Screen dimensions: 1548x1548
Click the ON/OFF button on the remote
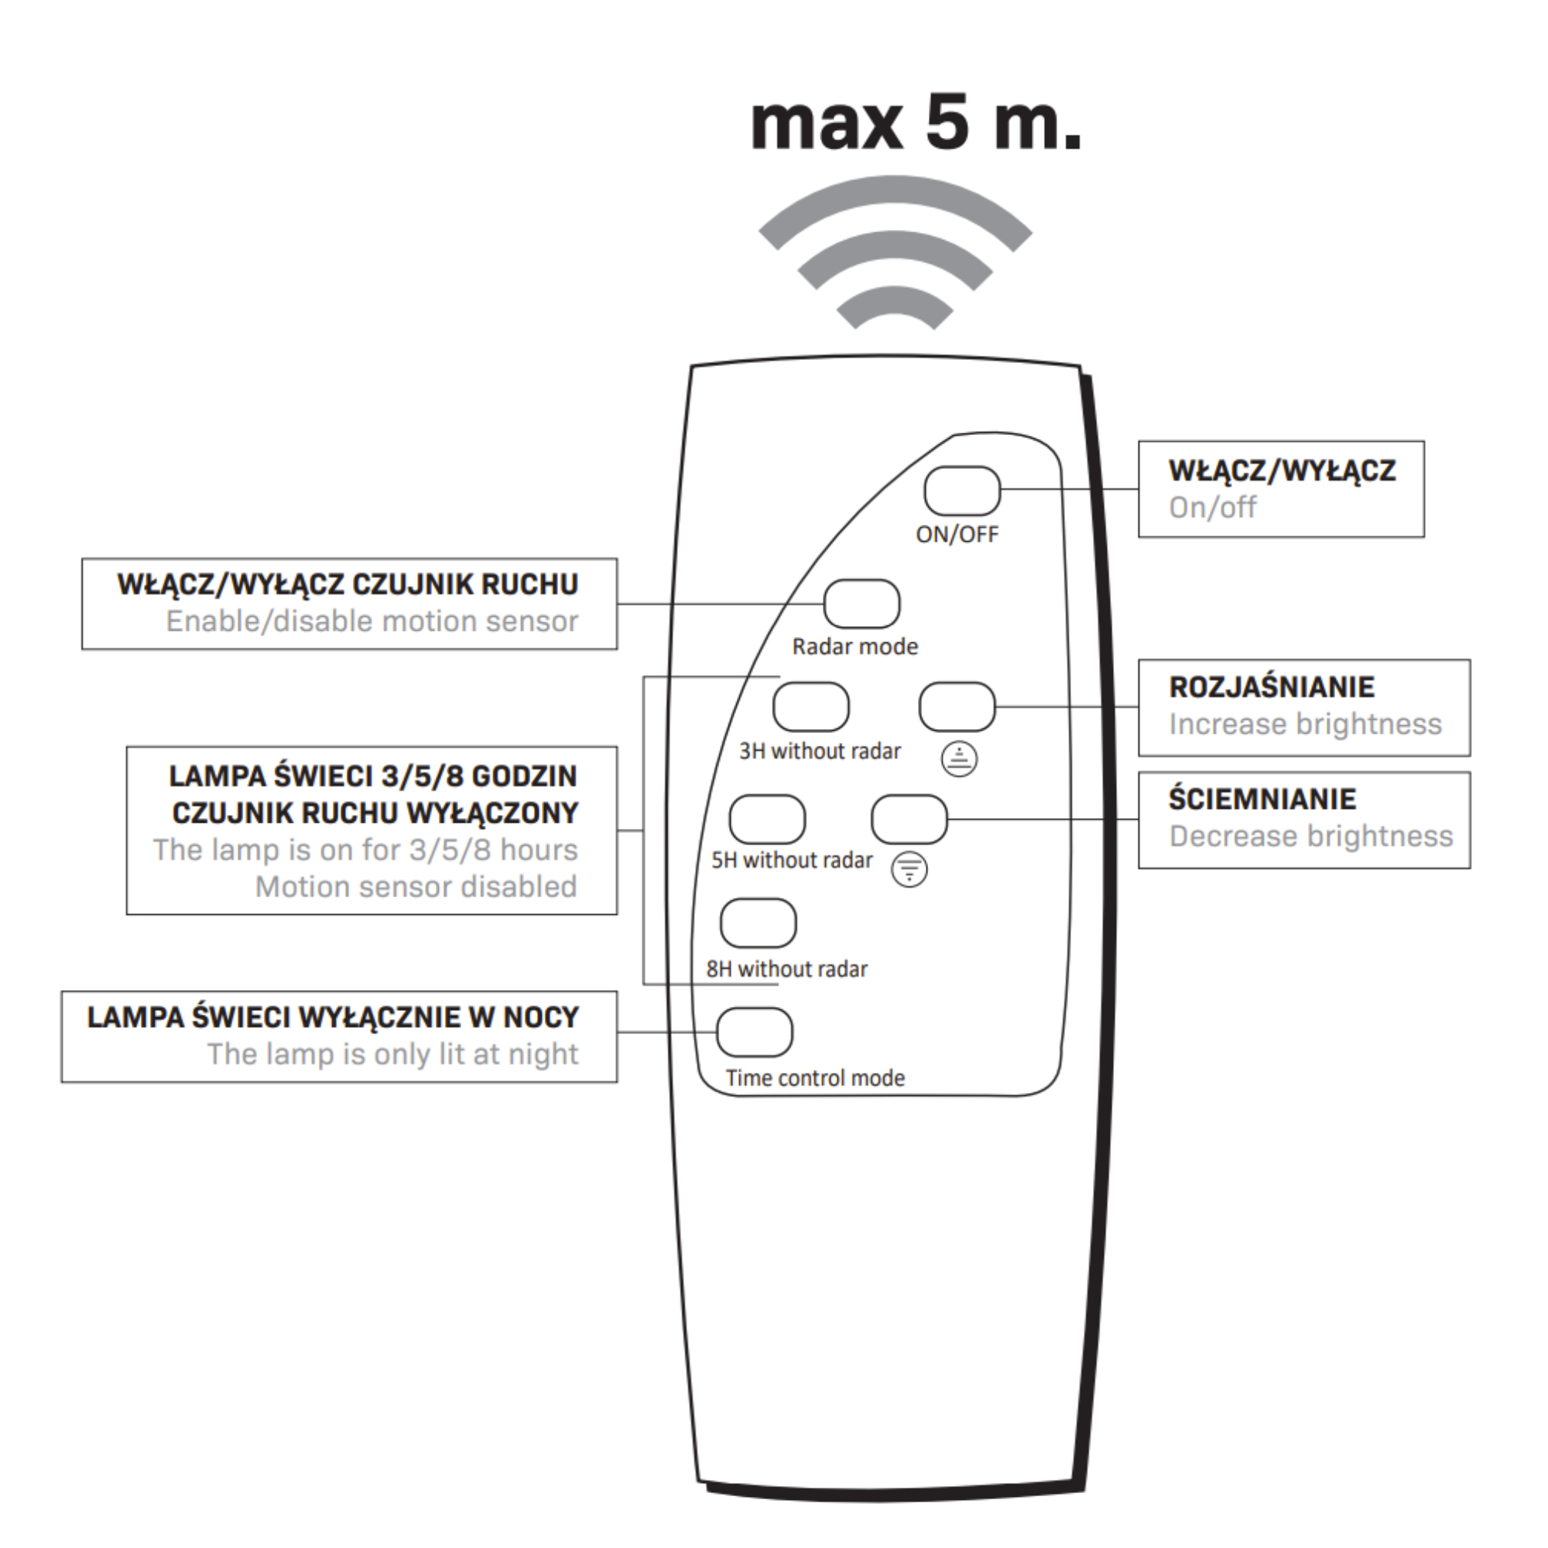[x=961, y=491]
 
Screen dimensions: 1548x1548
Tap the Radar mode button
[x=861, y=604]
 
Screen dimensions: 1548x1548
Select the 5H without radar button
[x=767, y=819]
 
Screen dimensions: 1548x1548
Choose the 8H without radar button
[x=758, y=923]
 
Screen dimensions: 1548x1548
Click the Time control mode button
[x=754, y=1033]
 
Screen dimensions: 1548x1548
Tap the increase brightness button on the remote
[x=957, y=707]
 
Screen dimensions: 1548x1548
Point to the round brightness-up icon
[x=959, y=759]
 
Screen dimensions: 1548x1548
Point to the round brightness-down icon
[x=909, y=868]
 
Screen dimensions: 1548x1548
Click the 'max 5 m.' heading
[x=916, y=124]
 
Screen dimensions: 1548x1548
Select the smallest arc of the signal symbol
[x=894, y=304]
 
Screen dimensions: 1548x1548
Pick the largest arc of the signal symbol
[x=894, y=200]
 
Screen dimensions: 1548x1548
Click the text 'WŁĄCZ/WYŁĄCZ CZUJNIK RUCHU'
[x=348, y=585]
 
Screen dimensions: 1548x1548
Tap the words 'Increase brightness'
[x=1304, y=724]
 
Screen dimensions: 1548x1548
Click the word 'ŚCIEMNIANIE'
[x=1262, y=799]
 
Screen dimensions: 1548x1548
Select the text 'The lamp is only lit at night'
[x=392, y=1054]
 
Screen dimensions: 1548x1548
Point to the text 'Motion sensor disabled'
[x=416, y=887]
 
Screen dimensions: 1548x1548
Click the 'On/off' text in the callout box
[x=1212, y=507]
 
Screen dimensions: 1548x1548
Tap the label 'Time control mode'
[x=815, y=1078]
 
